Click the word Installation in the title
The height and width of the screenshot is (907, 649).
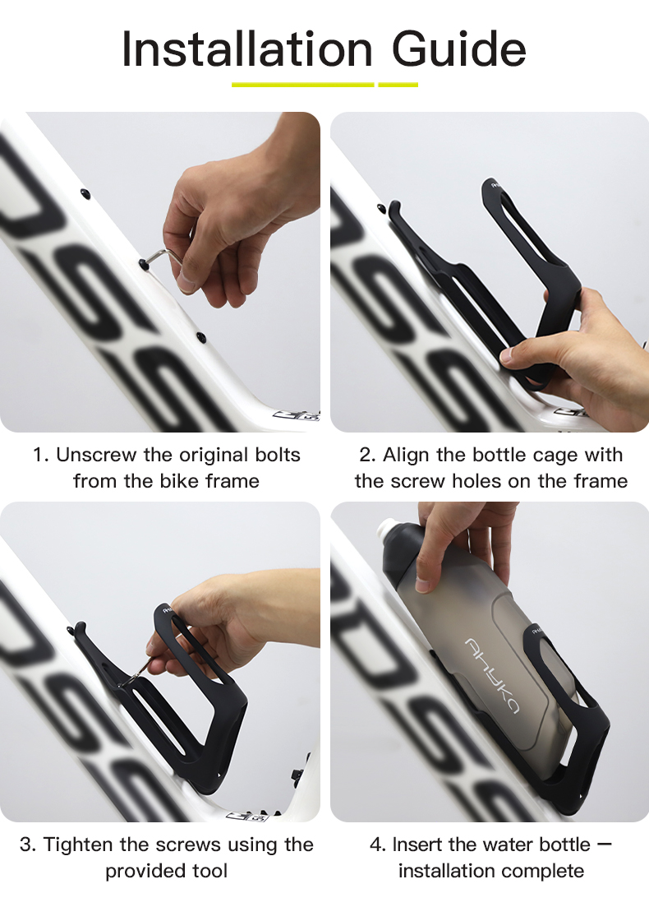coord(247,49)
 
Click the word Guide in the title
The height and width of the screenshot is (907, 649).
coord(459,49)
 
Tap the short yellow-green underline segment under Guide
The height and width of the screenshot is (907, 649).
coord(398,85)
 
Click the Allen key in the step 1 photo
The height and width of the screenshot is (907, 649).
coord(164,257)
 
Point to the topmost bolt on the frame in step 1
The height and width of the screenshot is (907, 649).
coord(85,193)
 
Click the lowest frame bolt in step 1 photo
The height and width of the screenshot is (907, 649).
coord(201,336)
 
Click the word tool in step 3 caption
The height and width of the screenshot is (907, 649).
coord(209,871)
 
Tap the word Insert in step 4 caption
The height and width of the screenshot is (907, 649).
coord(417,845)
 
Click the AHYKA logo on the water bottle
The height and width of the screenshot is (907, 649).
coord(492,675)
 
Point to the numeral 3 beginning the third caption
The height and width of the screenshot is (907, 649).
coord(25,845)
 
